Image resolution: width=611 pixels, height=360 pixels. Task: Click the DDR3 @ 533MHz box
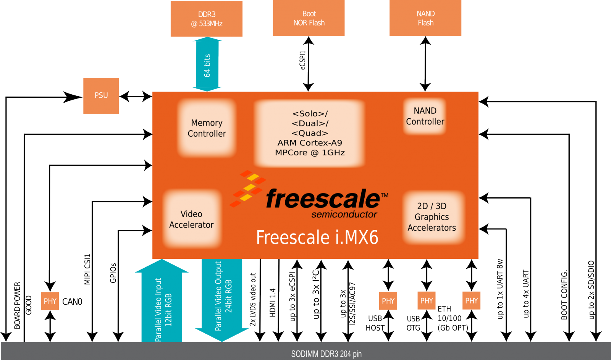tap(206, 19)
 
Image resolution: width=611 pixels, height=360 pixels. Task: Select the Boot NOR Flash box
tap(309, 18)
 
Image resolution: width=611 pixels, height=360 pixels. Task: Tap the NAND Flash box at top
tap(425, 18)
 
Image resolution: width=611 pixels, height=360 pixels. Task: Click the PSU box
tap(101, 95)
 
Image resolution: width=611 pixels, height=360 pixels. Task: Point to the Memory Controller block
tap(207, 128)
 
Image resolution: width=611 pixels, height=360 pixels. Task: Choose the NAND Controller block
tap(425, 116)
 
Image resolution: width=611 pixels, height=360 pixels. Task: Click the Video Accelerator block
tap(191, 220)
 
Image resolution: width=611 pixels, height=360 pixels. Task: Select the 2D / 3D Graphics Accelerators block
tap(432, 217)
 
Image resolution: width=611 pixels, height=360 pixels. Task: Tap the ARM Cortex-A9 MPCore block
tap(310, 133)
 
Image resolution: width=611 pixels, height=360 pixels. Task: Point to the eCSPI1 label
tap(303, 60)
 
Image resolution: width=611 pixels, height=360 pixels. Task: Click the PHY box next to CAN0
tap(50, 301)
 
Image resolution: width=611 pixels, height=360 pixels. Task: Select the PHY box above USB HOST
tap(388, 301)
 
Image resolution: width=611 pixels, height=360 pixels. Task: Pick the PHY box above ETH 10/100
tap(471, 301)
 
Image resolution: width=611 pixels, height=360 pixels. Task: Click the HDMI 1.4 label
tap(272, 302)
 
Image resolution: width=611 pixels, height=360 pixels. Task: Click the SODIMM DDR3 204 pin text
tap(326, 354)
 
